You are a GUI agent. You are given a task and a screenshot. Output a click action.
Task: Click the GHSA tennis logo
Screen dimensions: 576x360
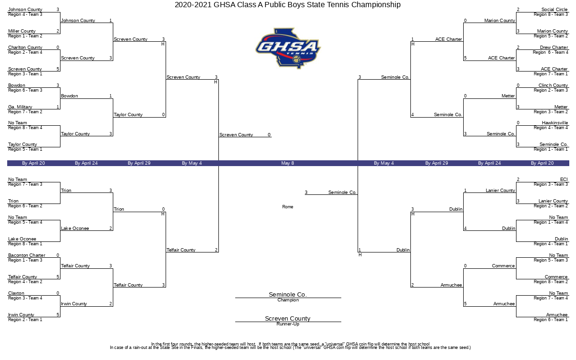pos(288,48)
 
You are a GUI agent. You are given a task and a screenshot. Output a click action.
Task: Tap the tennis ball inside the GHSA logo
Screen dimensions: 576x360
pos(297,59)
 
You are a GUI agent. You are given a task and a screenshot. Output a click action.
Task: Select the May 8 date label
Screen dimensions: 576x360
pos(288,163)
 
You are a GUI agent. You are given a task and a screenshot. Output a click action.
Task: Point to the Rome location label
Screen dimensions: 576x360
pos(288,207)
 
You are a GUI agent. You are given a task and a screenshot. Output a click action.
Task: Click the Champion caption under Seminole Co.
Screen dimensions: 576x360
pos(288,300)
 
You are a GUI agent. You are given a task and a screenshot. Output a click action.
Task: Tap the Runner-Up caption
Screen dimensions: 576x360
pos(288,324)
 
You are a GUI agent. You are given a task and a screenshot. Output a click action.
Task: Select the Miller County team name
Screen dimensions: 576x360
pos(22,31)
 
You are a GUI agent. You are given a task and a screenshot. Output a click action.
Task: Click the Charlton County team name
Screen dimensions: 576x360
pos(25,48)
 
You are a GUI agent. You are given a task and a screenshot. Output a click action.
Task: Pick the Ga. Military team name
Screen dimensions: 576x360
pos(20,107)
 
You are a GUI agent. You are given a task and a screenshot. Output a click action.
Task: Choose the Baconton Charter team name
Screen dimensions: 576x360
pos(26,255)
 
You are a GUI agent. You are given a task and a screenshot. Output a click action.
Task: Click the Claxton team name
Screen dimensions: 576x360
pos(16,293)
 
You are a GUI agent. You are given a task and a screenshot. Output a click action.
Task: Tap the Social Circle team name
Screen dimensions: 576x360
pos(554,10)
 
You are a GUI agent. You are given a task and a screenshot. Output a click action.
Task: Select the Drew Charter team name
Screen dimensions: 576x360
pos(554,48)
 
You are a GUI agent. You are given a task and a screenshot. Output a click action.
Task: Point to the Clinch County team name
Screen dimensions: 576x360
pos(553,85)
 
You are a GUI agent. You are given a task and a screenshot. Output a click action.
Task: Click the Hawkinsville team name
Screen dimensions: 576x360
pos(555,123)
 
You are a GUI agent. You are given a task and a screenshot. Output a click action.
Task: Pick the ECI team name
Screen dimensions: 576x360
pos(564,180)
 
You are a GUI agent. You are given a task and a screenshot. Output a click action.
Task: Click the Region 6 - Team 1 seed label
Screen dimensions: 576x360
pos(551,320)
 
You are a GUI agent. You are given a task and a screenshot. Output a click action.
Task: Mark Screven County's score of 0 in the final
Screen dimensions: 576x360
pos(269,135)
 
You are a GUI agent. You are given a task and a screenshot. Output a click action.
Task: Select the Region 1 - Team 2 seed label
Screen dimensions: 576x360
pos(25,36)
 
